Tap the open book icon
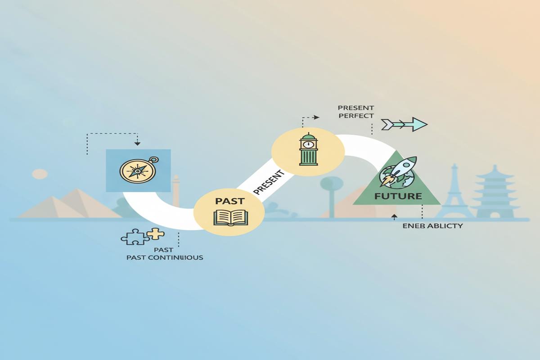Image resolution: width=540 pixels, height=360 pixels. point(229,217)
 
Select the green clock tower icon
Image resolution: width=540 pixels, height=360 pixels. point(309,149)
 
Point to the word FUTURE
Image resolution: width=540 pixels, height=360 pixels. point(398,196)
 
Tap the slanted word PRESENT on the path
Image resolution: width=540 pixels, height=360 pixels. point(269,183)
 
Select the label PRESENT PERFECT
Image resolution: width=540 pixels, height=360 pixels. point(355,112)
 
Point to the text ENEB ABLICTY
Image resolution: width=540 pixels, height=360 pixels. point(432,226)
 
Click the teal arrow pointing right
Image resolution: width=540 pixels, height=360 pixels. point(404,124)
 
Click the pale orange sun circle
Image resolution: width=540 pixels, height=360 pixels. point(40,174)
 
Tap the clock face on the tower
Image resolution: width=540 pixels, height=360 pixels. point(309,144)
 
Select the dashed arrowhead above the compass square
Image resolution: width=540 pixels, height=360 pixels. point(137,143)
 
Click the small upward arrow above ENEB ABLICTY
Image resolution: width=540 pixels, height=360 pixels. point(394,217)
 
